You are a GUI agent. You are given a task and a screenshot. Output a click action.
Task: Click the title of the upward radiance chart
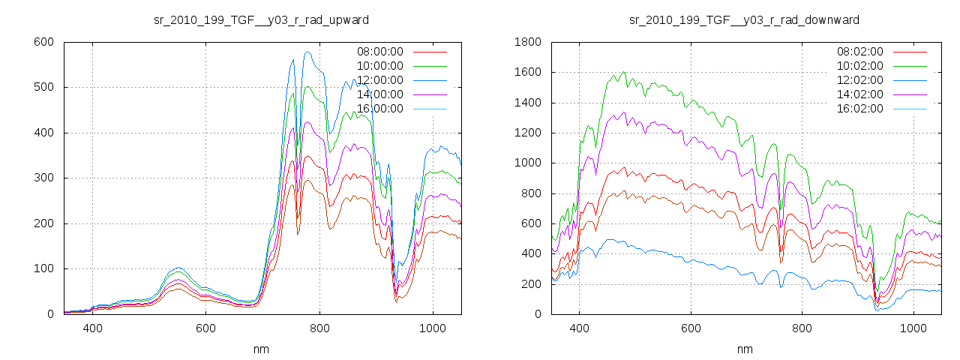pos(261,19)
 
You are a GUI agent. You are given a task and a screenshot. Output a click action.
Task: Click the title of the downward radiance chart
pos(744,19)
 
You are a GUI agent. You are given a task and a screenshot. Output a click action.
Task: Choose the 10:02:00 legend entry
pos(859,66)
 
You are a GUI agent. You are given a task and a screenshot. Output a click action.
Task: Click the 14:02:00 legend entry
pos(859,94)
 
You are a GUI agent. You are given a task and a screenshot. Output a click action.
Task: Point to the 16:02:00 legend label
pos(859,109)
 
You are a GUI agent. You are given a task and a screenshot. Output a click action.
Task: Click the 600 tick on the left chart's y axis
pos(43,42)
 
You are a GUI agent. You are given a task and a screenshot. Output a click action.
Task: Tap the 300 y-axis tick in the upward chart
pos(43,178)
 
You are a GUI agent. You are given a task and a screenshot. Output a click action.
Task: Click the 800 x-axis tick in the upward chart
pos(319,328)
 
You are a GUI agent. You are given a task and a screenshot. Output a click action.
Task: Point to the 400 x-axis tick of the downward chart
pos(579,328)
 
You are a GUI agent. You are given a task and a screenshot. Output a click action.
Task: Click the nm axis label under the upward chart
pos(262,349)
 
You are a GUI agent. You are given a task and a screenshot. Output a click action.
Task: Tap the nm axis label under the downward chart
pos(745,349)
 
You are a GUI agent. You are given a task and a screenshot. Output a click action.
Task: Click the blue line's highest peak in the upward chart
pos(307,52)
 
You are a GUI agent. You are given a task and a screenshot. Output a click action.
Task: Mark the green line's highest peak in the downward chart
pos(623,72)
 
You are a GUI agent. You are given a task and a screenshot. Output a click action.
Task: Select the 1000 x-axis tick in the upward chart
pos(433,328)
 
